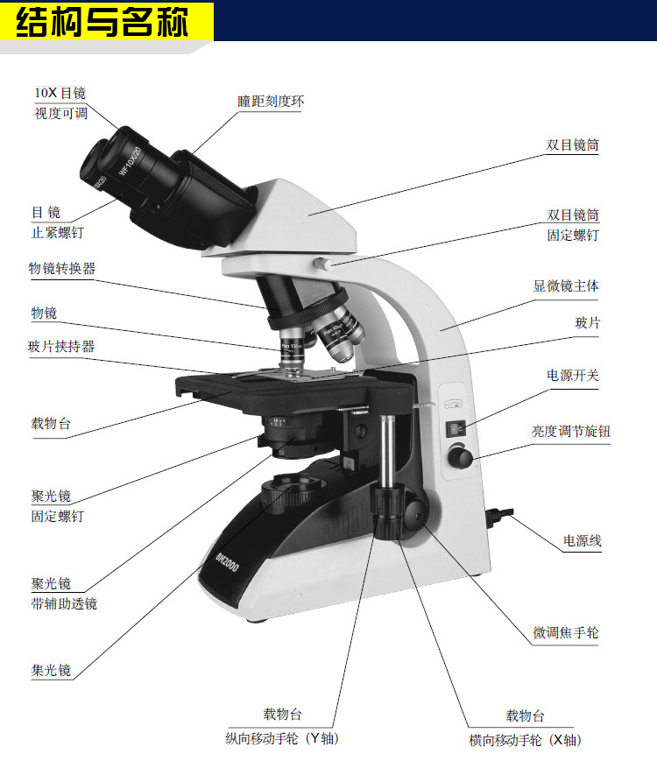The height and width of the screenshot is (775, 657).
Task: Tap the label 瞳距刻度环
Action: point(271,102)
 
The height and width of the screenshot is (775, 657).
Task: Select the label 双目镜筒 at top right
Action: point(573,145)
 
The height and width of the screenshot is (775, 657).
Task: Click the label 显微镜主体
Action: point(566,285)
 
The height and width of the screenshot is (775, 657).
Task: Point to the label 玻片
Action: point(587,323)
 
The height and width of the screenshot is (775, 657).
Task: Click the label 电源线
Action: point(582,541)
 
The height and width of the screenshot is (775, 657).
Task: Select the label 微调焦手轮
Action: point(566,632)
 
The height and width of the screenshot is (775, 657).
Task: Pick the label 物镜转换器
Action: point(61,269)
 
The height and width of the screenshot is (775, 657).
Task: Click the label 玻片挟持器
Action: point(61,346)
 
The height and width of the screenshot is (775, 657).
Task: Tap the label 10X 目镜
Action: point(60,93)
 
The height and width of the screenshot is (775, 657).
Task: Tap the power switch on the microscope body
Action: point(455,428)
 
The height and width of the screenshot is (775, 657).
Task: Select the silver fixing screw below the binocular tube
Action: point(321,263)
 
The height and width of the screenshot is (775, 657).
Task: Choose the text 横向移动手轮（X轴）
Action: point(524,740)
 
